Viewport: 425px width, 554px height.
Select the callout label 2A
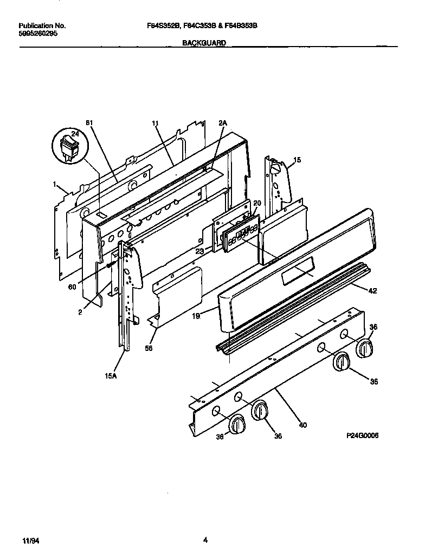[x=222, y=123]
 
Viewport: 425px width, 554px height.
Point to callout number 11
[x=156, y=123]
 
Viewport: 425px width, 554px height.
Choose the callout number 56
[x=149, y=348]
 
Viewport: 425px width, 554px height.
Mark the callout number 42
[x=372, y=291]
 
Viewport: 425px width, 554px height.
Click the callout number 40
[x=302, y=425]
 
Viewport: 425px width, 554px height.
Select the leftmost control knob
[x=237, y=424]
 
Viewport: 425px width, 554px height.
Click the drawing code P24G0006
[x=360, y=435]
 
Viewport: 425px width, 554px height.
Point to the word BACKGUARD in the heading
[x=204, y=42]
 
